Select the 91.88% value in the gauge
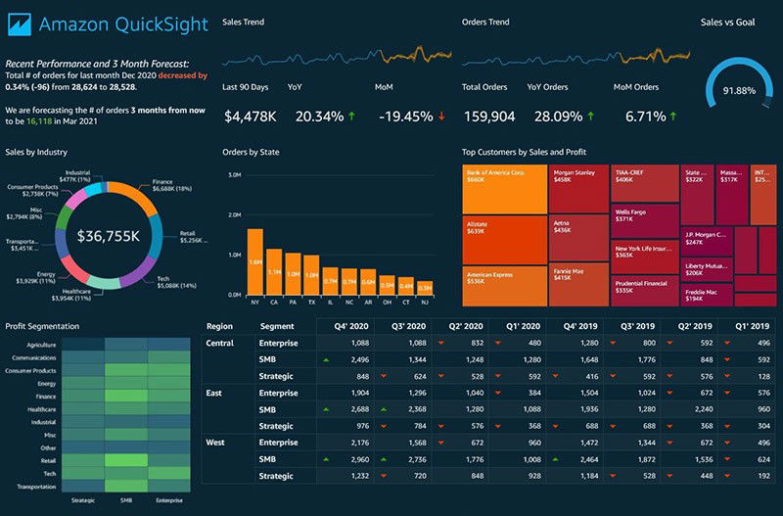[739, 91]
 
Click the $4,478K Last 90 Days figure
[251, 117]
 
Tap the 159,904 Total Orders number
[488, 117]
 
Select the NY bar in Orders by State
[254, 261]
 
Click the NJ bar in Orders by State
[425, 289]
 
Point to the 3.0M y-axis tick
[234, 175]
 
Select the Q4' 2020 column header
[351, 325]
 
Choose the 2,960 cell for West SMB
[356, 459]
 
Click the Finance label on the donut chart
[162, 182]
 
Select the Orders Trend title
[484, 22]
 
